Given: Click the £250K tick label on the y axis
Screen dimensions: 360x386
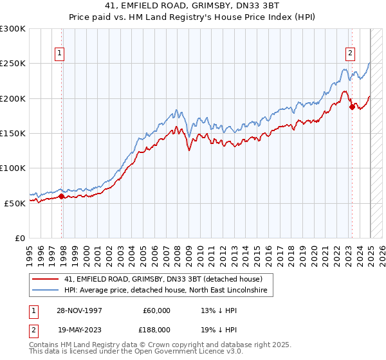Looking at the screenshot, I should coord(13,64).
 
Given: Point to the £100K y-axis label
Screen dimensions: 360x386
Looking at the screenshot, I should coord(13,168).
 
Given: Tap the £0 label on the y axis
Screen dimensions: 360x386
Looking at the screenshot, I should coord(19,237).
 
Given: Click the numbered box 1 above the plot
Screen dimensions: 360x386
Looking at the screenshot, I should coord(59,54).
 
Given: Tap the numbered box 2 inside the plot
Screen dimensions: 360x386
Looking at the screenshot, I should coord(350,54).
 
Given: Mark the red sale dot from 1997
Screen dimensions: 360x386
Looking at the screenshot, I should coord(62,196).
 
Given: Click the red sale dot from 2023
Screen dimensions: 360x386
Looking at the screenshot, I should coord(352,107).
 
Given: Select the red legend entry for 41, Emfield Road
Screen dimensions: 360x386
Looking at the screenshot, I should coord(163,279).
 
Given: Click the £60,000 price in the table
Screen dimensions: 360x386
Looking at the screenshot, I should coord(156,310).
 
